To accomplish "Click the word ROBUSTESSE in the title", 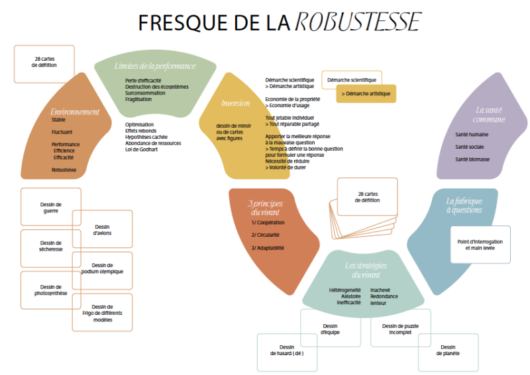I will click(356, 22).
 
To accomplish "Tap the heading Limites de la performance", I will click(155, 66).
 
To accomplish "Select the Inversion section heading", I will click(235, 103).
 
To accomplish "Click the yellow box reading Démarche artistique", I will click(366, 94).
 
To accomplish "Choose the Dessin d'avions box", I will click(102, 229).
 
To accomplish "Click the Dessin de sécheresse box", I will click(50, 247).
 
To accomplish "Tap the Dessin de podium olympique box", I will click(102, 269).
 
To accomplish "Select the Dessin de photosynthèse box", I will click(50, 290).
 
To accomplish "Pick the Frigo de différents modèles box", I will click(102, 313).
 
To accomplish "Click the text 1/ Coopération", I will click(268, 223).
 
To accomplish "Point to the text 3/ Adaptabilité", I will click(268, 247).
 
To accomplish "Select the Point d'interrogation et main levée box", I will click(480, 245).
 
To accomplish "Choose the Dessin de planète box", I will click(448, 351).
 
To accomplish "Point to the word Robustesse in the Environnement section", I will click(64, 170).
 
